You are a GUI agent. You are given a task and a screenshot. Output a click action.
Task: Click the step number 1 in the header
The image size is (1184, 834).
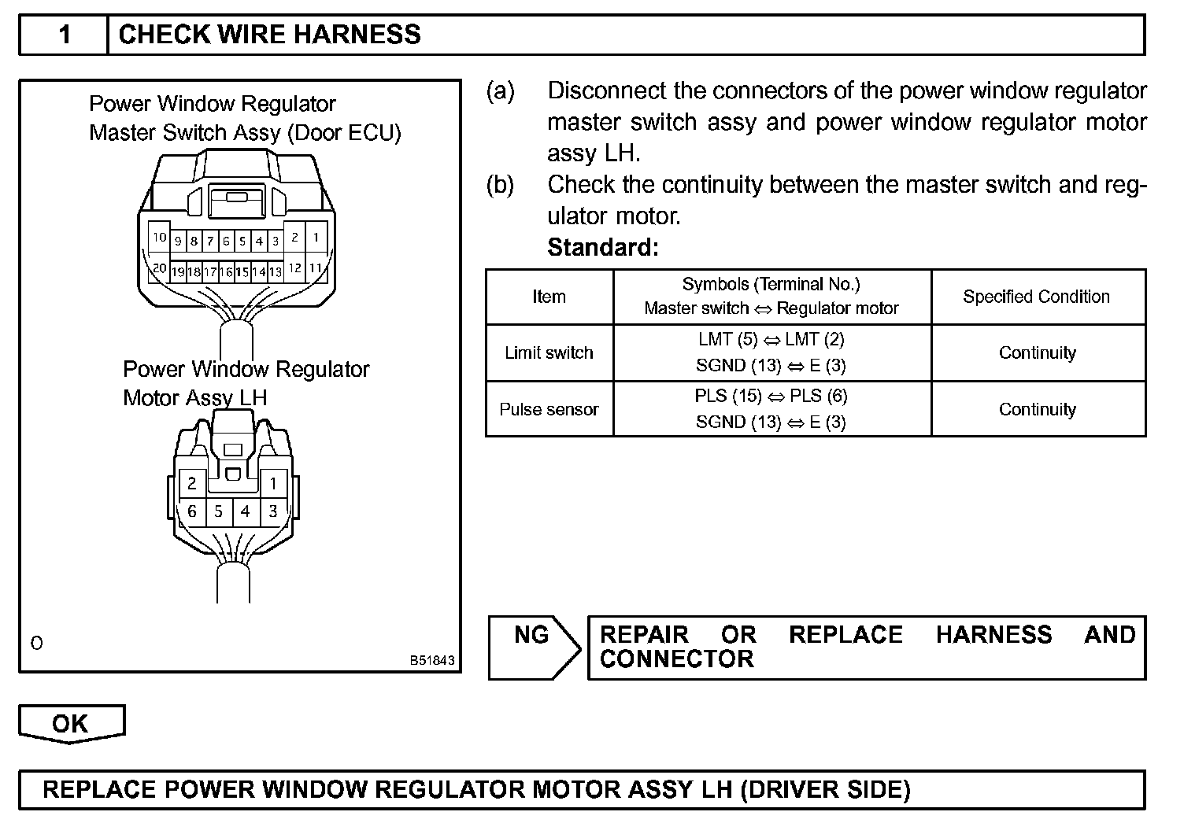point(65,35)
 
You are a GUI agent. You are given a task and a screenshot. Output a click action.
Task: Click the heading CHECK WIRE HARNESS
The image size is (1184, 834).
point(269,35)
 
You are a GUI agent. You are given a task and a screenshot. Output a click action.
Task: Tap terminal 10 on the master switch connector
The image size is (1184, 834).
point(160,237)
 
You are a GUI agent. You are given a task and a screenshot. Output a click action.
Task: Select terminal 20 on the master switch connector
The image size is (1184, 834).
point(160,269)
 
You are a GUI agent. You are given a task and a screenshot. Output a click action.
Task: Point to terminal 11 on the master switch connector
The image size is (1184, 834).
point(315,268)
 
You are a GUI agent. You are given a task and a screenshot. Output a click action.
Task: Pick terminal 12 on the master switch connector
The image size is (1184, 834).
point(294,268)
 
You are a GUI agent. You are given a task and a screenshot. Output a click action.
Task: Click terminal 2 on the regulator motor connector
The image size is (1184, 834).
point(192,482)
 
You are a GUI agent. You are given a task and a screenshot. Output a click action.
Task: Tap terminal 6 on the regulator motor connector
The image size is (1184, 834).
point(192,511)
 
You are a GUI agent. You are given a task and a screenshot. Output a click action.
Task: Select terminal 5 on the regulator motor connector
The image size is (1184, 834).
point(219,511)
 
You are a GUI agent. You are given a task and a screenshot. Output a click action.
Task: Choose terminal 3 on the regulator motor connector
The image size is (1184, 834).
point(273,511)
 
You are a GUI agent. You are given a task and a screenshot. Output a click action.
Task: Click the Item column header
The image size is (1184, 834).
point(549,297)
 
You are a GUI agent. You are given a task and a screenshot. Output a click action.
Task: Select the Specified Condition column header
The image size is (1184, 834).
point(1036,297)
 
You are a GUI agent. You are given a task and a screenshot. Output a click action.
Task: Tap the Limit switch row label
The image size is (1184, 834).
point(549,352)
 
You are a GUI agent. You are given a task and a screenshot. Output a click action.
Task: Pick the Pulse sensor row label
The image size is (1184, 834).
point(549,409)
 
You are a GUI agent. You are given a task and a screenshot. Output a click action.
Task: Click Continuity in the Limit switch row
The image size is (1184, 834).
point(1037,352)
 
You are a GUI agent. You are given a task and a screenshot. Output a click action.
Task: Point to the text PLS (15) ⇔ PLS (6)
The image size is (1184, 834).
point(771,396)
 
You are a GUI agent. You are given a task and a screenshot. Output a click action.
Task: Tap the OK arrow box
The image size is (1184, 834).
point(71,723)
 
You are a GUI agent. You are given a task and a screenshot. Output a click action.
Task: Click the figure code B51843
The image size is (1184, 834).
point(431,661)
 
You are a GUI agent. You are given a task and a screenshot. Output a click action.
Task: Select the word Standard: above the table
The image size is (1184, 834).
point(602,248)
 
